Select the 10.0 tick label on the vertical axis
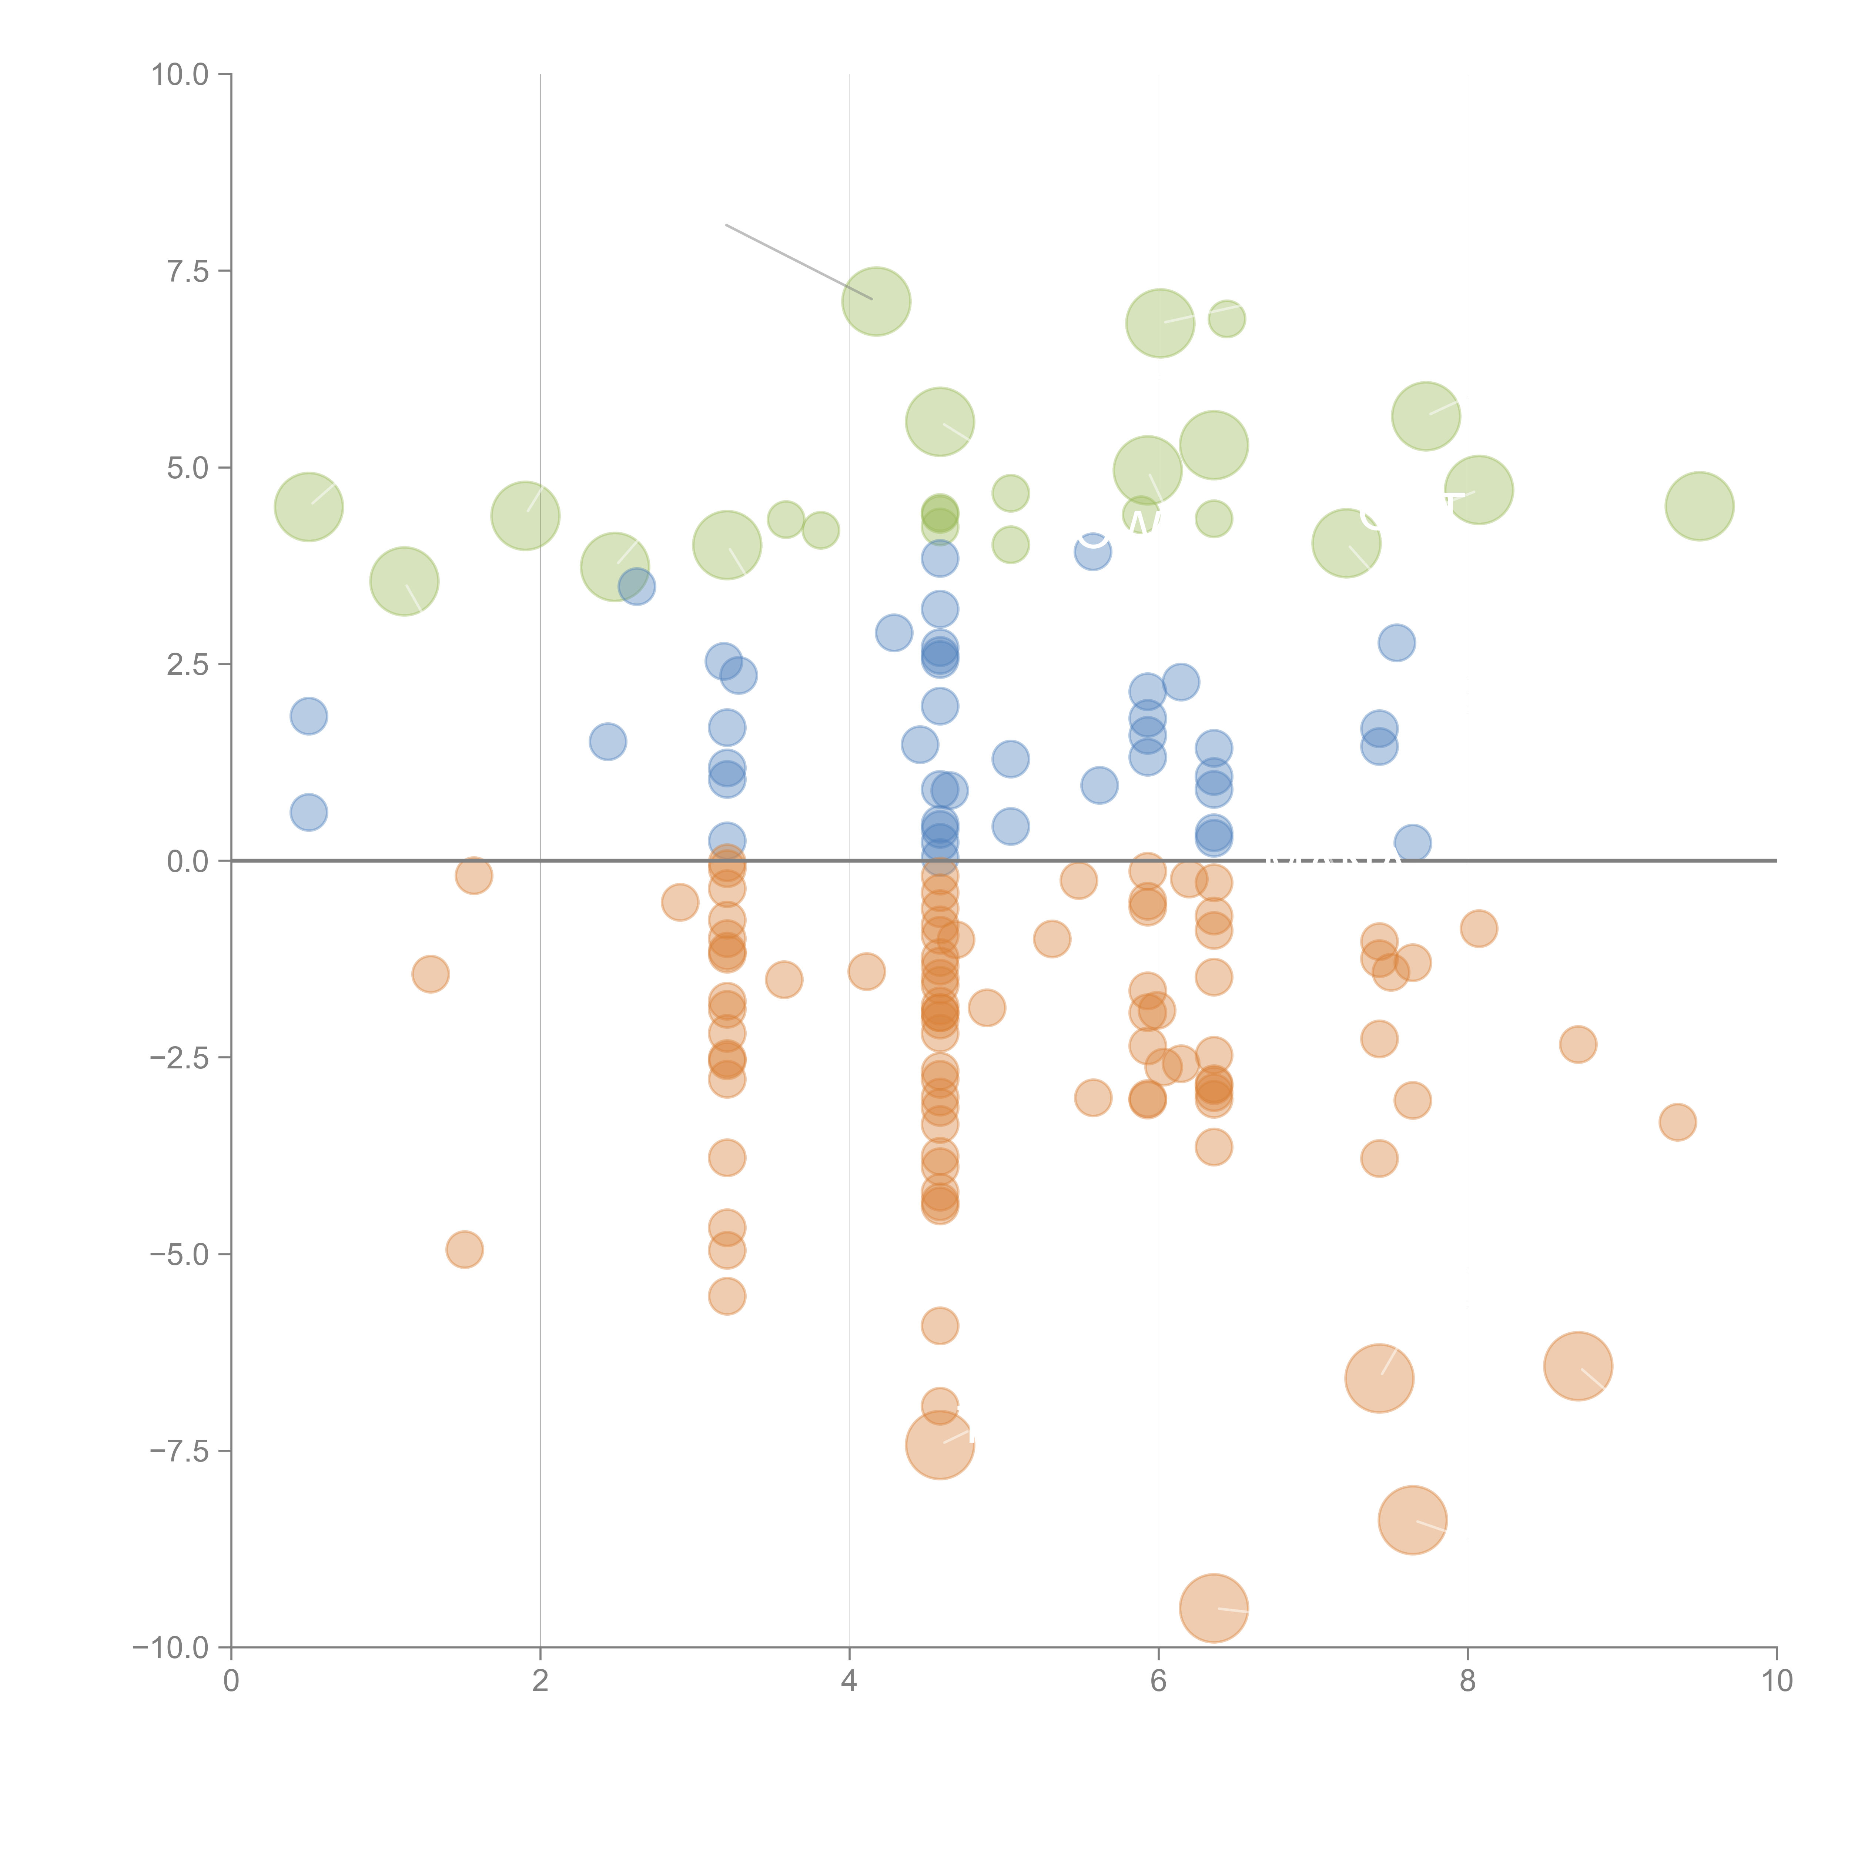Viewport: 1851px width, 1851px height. pos(180,75)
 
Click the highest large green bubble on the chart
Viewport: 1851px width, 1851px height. pos(876,302)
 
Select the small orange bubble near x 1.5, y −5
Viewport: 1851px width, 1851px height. pos(465,1249)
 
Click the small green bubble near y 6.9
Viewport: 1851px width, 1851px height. pos(1226,318)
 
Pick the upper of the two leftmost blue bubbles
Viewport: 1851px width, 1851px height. pos(308,716)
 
